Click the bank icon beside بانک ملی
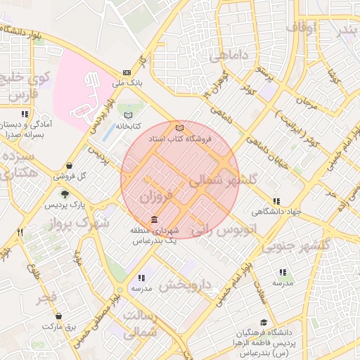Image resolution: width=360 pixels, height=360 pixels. [x=127, y=72]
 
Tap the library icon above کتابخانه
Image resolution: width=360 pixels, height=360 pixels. [x=127, y=115]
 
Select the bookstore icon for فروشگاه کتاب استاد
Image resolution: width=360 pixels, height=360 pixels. [x=180, y=128]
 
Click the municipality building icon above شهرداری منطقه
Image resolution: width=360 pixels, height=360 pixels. [x=154, y=220]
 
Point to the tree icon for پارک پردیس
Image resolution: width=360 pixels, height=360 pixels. [x=65, y=195]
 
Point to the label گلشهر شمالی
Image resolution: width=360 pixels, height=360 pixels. [x=223, y=180]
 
